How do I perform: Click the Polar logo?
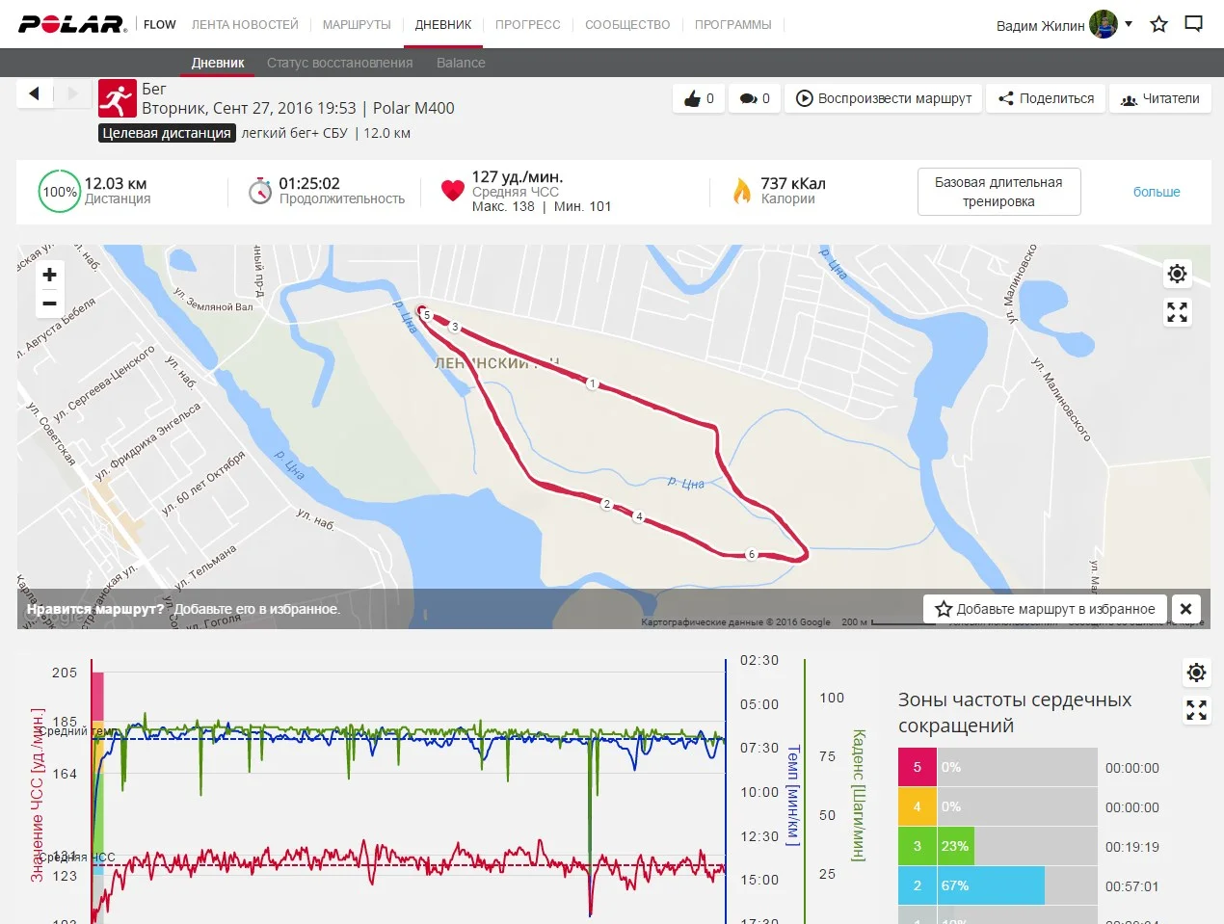(x=72, y=24)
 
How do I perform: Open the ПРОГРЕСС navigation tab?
(x=527, y=24)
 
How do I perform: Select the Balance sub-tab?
(x=461, y=63)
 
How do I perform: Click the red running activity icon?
(x=118, y=98)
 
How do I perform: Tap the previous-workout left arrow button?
(x=35, y=93)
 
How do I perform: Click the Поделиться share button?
(x=1046, y=98)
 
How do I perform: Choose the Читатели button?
(x=1160, y=98)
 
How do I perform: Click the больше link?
(x=1157, y=192)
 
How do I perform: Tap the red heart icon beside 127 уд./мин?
(x=452, y=191)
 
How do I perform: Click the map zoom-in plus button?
(x=50, y=275)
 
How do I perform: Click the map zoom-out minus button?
(x=50, y=304)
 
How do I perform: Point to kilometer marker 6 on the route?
(x=752, y=554)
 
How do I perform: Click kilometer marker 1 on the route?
(x=593, y=383)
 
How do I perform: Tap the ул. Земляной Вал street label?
(x=213, y=300)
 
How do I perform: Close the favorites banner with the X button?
(x=1186, y=609)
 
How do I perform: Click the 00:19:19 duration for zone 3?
(x=1132, y=847)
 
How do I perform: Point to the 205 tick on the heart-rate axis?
(x=65, y=673)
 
